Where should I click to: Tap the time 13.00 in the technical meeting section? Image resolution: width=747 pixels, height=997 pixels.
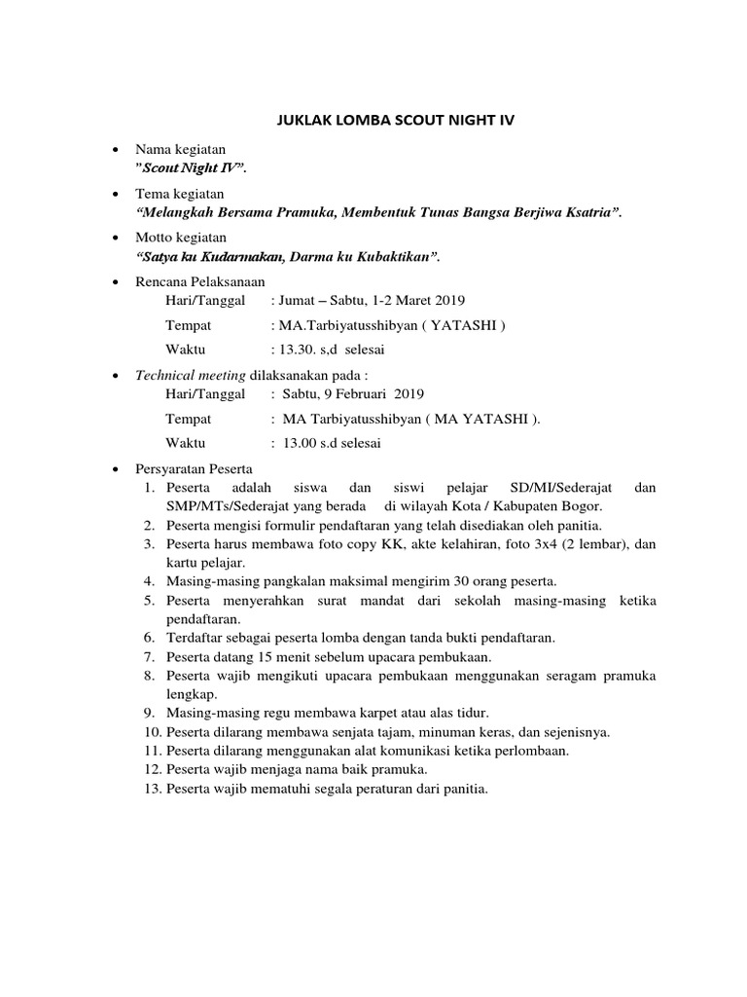[x=301, y=442]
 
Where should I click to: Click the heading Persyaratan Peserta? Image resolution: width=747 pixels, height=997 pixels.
[x=195, y=468]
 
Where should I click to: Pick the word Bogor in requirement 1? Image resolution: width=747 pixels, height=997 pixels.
[x=583, y=506]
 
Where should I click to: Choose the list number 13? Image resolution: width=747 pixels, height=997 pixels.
[x=152, y=788]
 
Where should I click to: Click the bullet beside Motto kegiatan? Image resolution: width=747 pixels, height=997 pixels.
[x=117, y=238]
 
